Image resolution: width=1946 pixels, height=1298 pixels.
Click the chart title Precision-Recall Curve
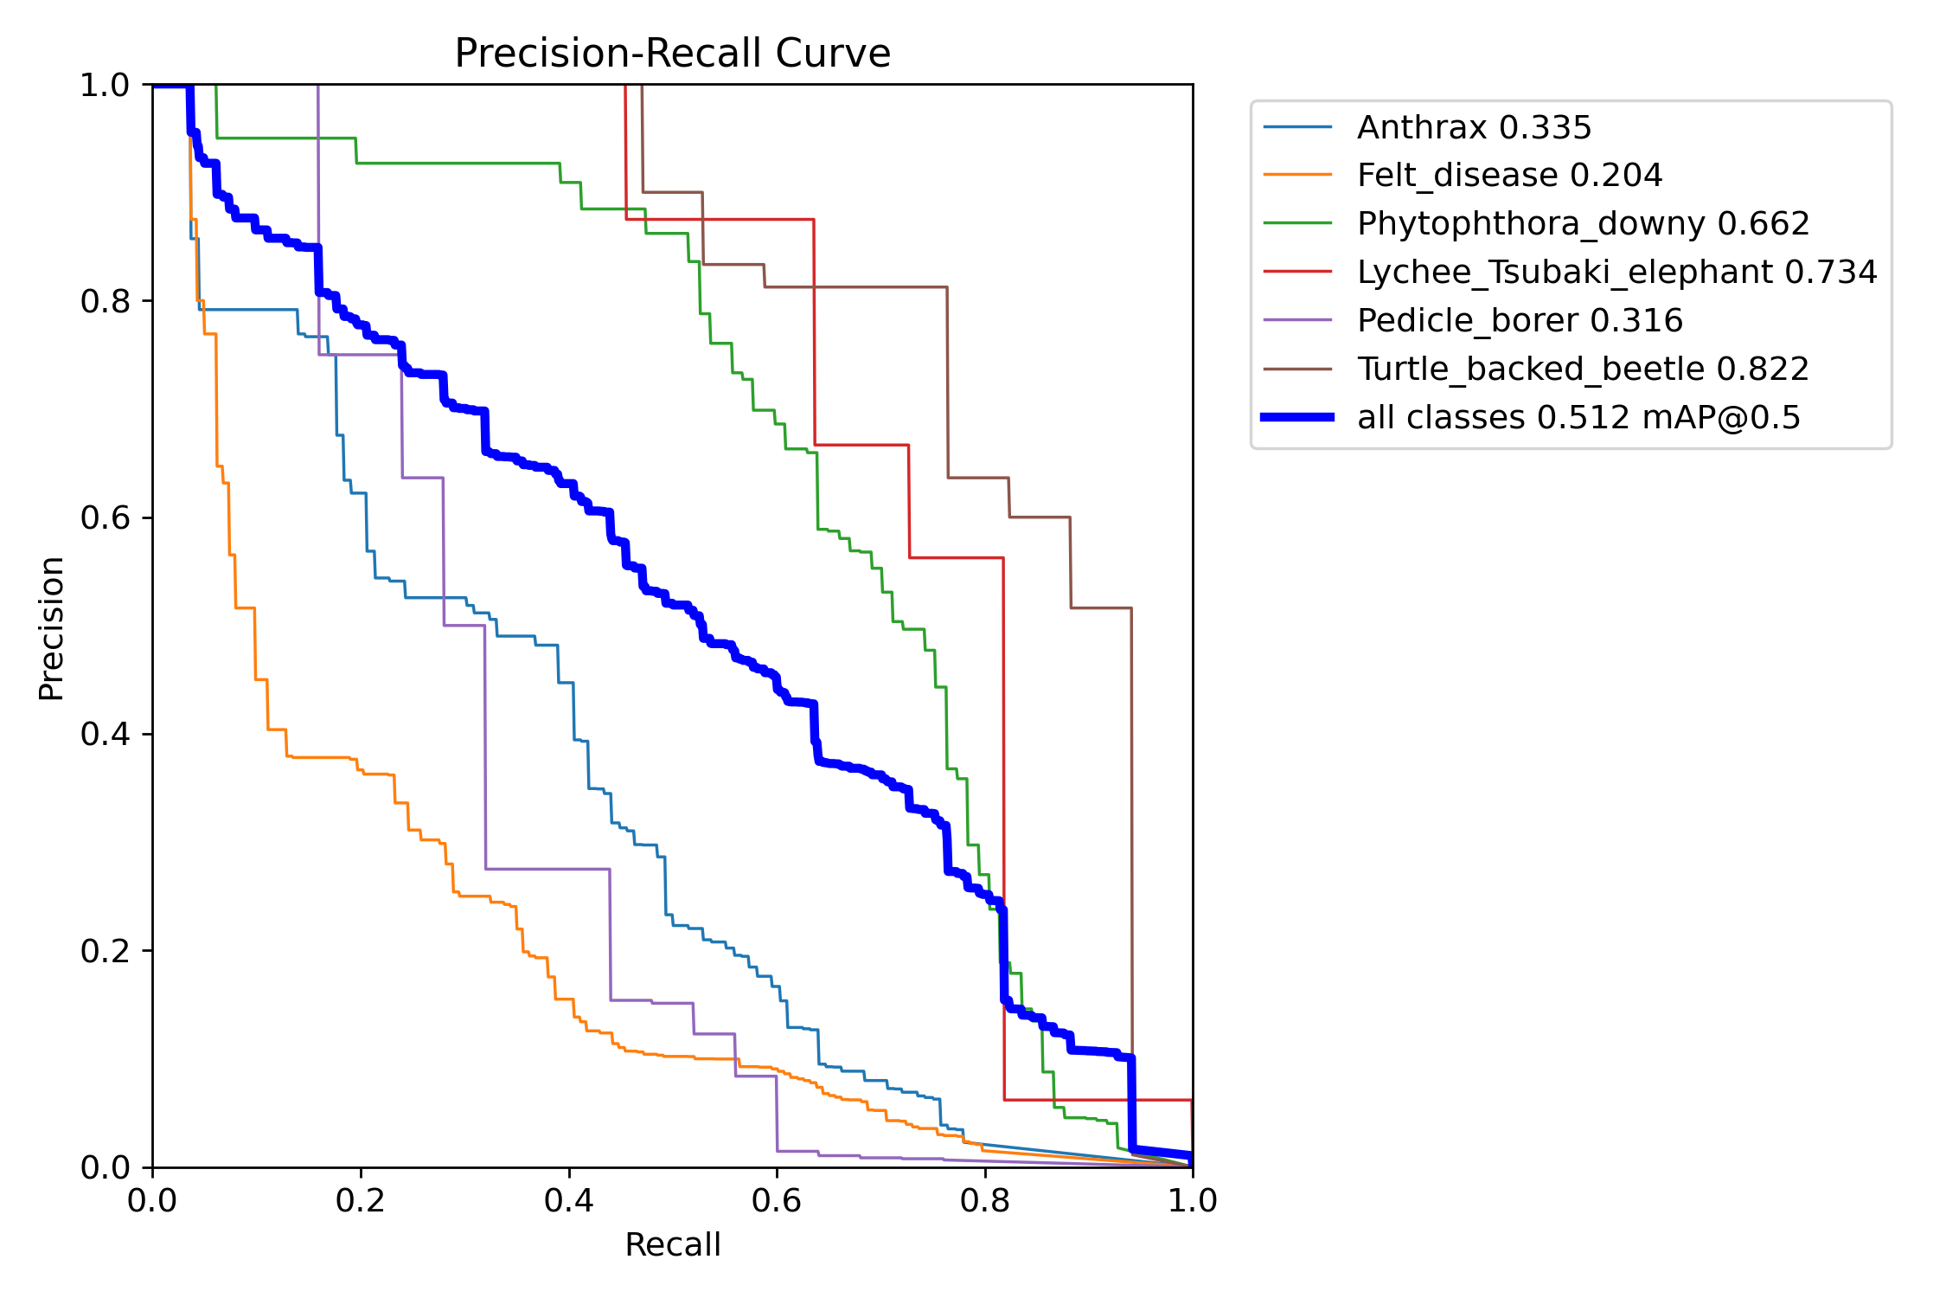click(x=672, y=54)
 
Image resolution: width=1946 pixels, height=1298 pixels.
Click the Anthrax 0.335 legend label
click(x=1474, y=128)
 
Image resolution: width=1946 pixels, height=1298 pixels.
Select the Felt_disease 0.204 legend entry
click(x=1509, y=176)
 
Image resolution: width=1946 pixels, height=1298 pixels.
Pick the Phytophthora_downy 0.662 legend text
click(x=1583, y=224)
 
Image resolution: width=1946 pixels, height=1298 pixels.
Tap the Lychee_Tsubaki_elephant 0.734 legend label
click(x=1616, y=273)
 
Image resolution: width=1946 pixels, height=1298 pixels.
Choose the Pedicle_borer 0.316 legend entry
click(x=1520, y=321)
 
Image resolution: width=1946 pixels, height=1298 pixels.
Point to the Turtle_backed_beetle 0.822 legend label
click(x=1583, y=369)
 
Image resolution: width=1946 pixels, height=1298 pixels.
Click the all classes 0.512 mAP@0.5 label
click(x=1578, y=418)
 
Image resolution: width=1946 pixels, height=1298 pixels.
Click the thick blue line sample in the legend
click(x=1297, y=418)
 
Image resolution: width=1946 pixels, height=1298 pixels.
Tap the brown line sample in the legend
click(x=1297, y=369)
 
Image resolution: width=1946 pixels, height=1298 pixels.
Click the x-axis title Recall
click(x=672, y=1245)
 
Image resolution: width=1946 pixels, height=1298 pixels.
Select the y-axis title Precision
click(x=52, y=628)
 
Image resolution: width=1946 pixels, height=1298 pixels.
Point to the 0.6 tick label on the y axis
click(x=104, y=518)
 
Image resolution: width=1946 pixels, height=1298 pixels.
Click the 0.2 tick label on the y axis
click(x=104, y=952)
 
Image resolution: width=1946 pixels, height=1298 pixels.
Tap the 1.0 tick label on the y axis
click(x=104, y=86)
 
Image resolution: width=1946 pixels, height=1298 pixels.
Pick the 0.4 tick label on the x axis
click(x=569, y=1201)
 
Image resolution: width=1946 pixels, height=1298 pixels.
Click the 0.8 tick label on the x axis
click(x=985, y=1201)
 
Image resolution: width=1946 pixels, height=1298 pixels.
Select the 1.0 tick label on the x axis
click(x=1193, y=1201)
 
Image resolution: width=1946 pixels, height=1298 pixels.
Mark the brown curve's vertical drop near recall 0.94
click(x=1131, y=865)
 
